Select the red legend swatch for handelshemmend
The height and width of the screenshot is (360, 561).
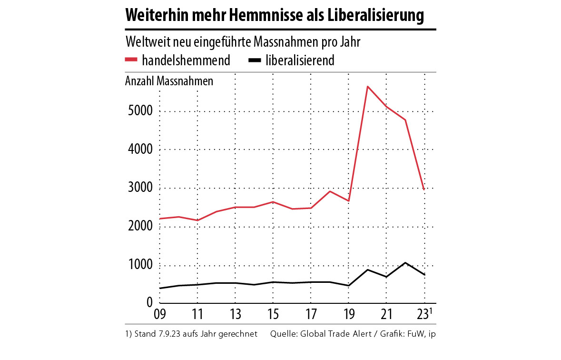pos(131,60)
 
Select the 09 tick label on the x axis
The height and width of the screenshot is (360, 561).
pos(159,315)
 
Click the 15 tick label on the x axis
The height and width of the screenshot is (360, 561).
pos(273,315)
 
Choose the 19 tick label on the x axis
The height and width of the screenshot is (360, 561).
pos(348,315)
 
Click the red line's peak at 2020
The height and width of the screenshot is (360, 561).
pos(367,87)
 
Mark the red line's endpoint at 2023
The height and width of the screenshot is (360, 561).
pos(424,190)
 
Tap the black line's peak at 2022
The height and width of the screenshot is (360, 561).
pos(405,263)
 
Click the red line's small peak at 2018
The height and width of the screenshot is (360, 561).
pos(330,191)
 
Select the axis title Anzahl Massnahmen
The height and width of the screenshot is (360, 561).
pos(169,81)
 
